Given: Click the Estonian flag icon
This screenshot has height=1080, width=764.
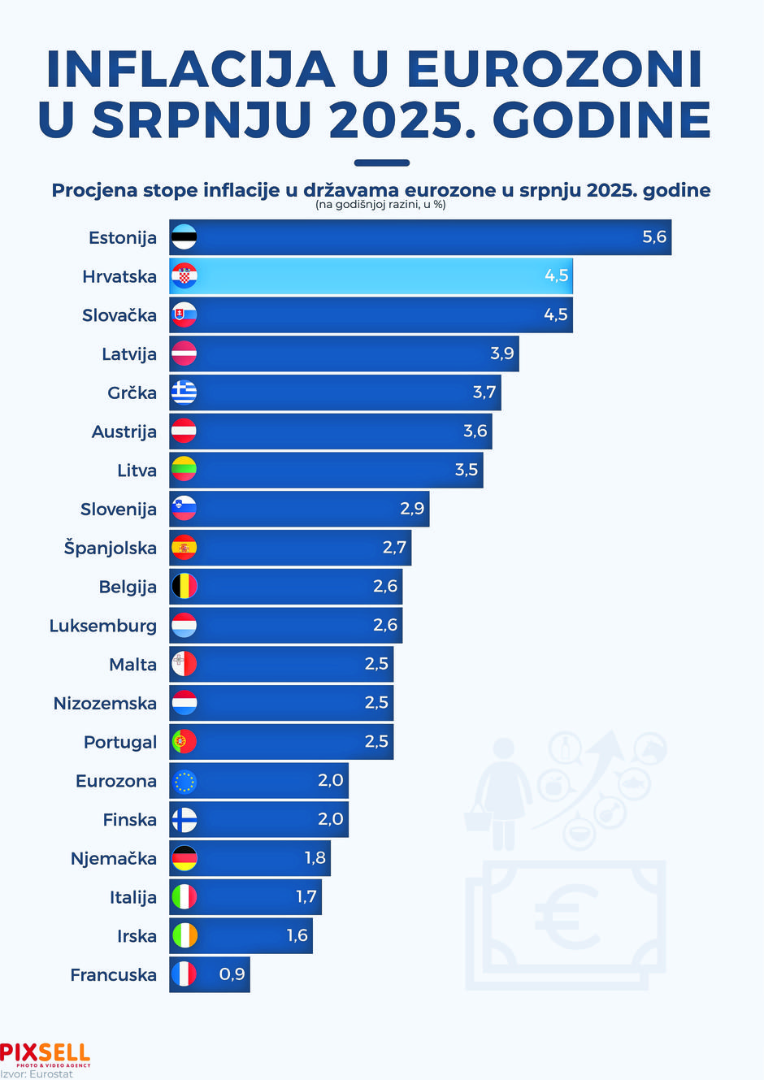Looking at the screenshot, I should coord(184,237).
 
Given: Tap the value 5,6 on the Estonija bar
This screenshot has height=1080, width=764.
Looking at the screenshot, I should coord(654,237).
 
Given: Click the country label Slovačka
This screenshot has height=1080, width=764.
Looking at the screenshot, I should coord(119,315).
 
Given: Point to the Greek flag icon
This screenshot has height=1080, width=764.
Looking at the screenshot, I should coord(184,393).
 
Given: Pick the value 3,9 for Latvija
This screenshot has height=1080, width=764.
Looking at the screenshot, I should coord(502,353).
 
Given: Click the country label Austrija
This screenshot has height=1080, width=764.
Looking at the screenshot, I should coord(124,432).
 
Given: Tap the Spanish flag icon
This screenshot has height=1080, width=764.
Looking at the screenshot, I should coord(184,548).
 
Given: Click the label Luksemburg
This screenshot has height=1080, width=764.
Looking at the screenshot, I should coord(103,626).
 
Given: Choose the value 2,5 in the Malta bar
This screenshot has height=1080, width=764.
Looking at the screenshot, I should coord(376,664).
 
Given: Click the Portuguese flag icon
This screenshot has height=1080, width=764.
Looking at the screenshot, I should coord(184,742).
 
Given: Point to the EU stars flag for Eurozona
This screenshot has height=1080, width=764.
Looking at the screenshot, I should coord(184,781).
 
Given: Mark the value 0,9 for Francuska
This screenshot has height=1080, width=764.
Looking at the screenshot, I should coord(232,974).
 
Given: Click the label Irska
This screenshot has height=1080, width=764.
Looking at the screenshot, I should coord(137,936).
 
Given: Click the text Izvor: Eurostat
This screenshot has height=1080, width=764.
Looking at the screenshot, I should coord(37,1074).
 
